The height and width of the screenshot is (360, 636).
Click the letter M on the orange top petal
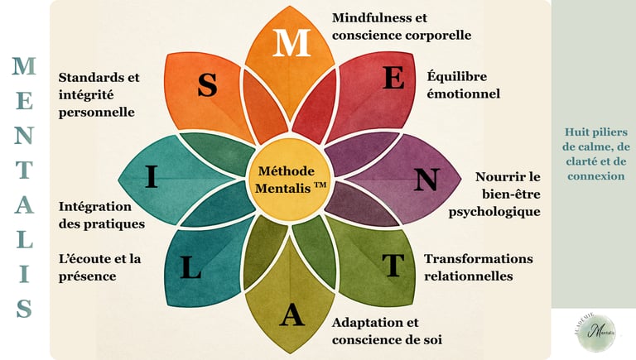pos(291,44)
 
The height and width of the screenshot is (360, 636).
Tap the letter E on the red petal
pos(394,78)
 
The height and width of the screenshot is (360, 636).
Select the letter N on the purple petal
pos(426,180)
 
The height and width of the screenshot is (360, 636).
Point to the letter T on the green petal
pos(393,265)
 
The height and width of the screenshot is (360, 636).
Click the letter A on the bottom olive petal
pos(291,315)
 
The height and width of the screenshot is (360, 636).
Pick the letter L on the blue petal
pos(190,268)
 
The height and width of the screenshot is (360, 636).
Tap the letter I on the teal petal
pos(152,177)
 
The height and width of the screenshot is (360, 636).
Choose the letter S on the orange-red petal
pos(207,85)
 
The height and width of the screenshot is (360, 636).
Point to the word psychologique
pos(494,212)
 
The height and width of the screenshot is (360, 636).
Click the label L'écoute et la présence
pos(99,267)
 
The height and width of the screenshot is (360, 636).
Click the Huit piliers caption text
pos(595,154)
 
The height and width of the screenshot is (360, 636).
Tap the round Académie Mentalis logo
pos(595,330)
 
